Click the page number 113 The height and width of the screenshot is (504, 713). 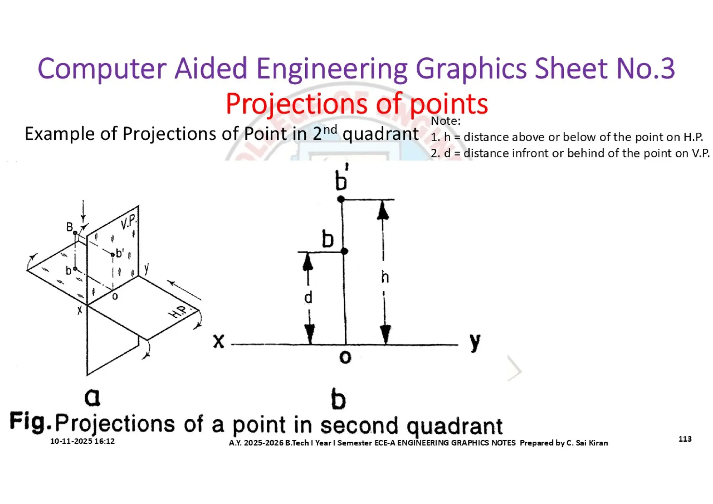click(x=685, y=439)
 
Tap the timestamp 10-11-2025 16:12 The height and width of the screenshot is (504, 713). click(x=82, y=441)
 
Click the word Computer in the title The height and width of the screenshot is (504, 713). click(x=102, y=69)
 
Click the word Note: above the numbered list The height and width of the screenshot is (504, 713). click(x=445, y=121)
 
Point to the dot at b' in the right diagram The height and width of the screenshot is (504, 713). click(x=341, y=199)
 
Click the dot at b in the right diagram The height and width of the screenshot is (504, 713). click(x=344, y=251)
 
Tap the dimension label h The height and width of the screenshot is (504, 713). click(x=385, y=278)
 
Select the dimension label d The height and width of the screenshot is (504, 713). click(x=308, y=298)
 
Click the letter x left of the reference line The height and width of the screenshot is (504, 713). click(x=219, y=341)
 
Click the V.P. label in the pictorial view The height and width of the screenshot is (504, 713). click(x=128, y=222)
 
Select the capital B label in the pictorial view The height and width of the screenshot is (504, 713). click(x=70, y=227)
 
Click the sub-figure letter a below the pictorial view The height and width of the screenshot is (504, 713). click(x=92, y=397)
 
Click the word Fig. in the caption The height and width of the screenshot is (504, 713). click(x=30, y=422)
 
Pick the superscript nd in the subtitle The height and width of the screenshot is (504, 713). click(x=330, y=130)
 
